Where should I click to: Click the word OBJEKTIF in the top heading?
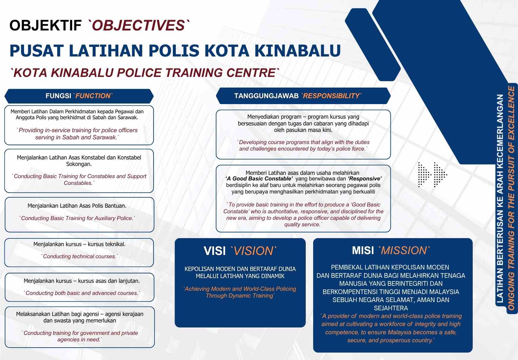(45, 25)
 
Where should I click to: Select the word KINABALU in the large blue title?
(297, 51)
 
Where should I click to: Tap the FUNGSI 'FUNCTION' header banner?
(79, 96)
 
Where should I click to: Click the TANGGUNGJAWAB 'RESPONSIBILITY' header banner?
(303, 96)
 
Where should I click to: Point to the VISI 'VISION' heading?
(240, 251)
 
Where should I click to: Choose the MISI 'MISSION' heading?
(391, 251)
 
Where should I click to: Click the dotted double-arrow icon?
(432, 175)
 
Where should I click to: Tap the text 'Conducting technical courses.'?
(79, 256)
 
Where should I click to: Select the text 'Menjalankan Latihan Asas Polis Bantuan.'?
(77, 206)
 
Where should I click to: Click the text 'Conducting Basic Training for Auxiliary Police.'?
(77, 218)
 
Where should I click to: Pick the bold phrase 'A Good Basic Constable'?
(259, 179)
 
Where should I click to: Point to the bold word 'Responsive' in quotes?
(365, 179)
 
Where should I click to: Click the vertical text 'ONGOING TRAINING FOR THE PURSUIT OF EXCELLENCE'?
(511, 198)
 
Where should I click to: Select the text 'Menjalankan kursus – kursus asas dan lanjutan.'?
(82, 281)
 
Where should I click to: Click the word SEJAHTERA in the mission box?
(391, 308)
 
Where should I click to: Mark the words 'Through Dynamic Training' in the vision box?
(240, 296)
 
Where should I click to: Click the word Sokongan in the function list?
(79, 164)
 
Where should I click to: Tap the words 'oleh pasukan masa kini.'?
(303, 130)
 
